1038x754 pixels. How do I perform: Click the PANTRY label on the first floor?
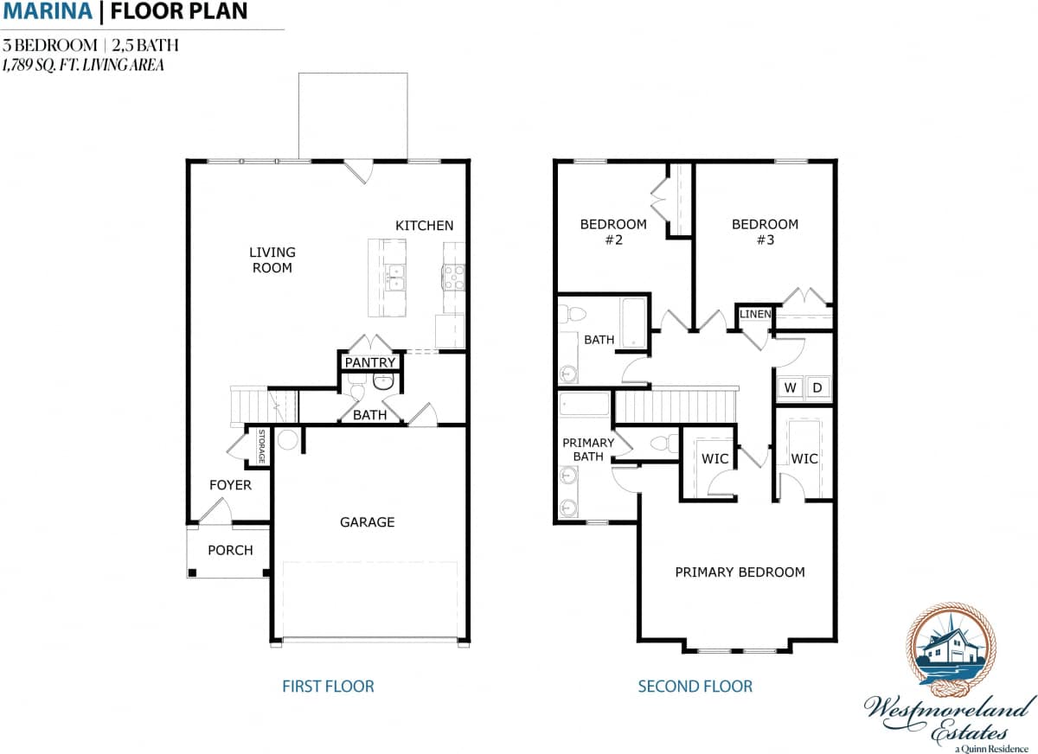(370, 362)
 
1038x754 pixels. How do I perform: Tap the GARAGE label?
(367, 521)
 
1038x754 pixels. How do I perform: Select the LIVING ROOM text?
(272, 259)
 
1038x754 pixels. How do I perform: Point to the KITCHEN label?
(424, 226)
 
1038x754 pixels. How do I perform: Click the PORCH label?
(230, 550)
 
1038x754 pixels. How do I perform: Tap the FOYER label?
(230, 485)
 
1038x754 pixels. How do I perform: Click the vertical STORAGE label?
(260, 446)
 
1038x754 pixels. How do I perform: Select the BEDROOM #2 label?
(612, 232)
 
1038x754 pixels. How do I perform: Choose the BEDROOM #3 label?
(765, 232)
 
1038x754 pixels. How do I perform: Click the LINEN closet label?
(754, 314)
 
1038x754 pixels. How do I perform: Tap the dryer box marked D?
(817, 387)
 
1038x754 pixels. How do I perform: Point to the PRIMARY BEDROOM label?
(740, 572)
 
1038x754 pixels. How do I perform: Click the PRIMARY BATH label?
(588, 450)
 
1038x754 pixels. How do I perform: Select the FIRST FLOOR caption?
(328, 687)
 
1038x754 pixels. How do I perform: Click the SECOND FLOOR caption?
(695, 687)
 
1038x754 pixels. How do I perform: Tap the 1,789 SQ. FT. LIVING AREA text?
(83, 64)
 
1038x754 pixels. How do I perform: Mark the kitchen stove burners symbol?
(453, 277)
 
